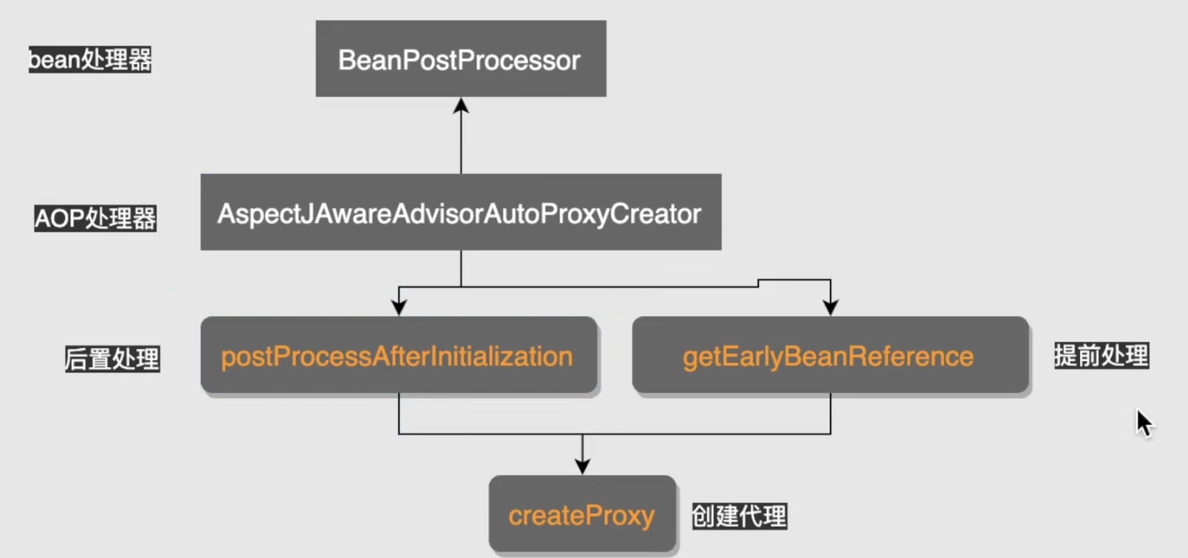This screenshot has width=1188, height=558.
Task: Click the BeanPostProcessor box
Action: [x=461, y=59]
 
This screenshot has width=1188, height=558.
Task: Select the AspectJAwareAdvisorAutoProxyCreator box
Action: [x=461, y=212]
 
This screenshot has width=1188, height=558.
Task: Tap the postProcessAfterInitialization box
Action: [x=399, y=355]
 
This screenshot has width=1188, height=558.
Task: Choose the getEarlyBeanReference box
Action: [x=831, y=355]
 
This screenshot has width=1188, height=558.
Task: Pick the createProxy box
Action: [x=583, y=514]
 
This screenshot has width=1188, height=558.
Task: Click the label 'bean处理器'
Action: [x=90, y=60]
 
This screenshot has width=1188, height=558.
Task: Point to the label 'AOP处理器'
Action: [x=95, y=218]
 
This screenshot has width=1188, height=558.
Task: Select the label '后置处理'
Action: [x=112, y=358]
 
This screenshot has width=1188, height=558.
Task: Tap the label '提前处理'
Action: [x=1102, y=356]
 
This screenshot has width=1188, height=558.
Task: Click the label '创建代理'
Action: [x=739, y=517]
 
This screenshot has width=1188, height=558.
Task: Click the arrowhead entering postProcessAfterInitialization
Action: [x=399, y=308]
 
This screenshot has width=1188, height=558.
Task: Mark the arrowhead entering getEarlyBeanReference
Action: [x=831, y=308]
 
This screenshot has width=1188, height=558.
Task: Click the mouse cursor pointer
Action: [x=1144, y=423]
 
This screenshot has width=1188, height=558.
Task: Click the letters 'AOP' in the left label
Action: [x=60, y=219]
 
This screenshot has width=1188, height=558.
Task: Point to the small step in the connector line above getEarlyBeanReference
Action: [x=758, y=283]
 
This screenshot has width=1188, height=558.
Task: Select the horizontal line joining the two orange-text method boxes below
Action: [x=615, y=434]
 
